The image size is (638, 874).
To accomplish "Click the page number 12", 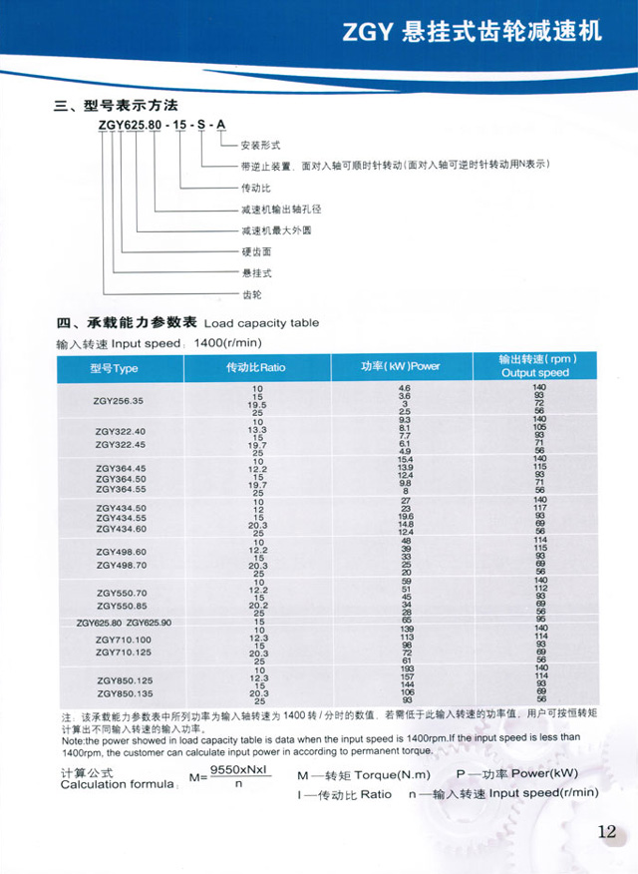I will (x=607, y=833).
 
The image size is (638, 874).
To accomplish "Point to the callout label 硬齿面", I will (x=256, y=251).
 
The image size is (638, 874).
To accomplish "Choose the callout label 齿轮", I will (x=251, y=294).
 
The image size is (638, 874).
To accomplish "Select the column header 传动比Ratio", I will (x=256, y=368).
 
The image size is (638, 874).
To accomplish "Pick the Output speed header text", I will (x=535, y=373).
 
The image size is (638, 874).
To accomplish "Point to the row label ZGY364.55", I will (x=120, y=489).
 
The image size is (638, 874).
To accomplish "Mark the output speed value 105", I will (x=539, y=427).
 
